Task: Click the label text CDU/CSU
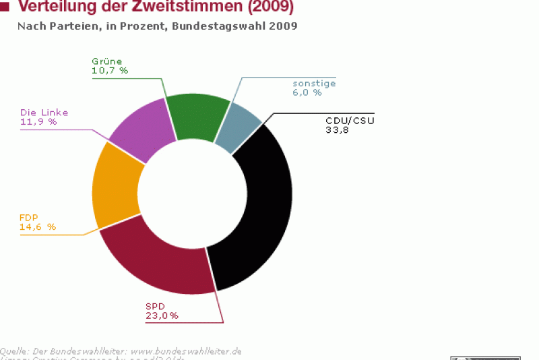[349, 121]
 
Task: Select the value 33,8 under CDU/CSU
[337, 130]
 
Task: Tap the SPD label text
[155, 306]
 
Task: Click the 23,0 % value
[162, 316]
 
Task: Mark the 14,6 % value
[38, 227]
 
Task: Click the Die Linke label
[44, 113]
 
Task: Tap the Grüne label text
[107, 61]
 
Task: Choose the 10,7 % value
[110, 69]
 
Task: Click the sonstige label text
[314, 84]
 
